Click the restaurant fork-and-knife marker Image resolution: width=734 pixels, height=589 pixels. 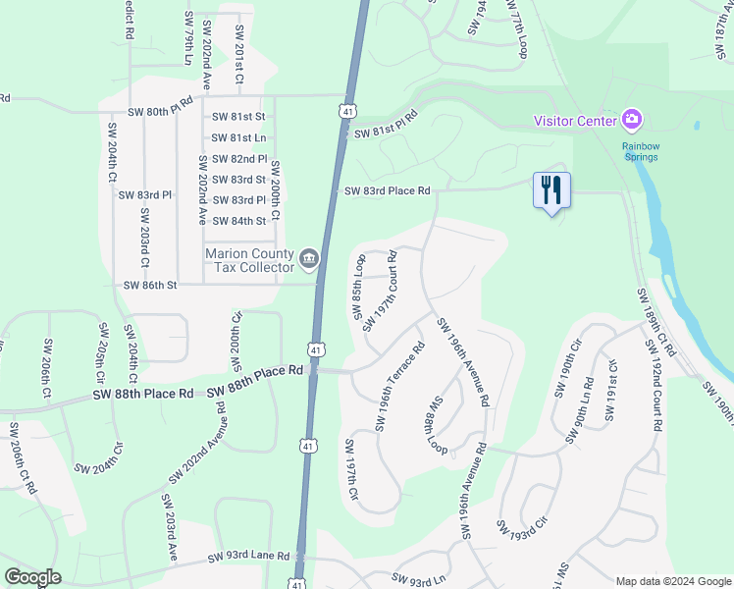coord(550,188)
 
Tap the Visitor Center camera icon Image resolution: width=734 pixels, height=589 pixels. coord(633,121)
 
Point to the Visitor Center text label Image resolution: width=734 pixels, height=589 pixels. coord(575,121)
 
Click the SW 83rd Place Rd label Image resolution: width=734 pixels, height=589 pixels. coord(387,190)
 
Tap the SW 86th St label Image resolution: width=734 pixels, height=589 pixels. coord(149,285)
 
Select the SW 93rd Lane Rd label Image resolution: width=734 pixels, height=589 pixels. coord(248,557)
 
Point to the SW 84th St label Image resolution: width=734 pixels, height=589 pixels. coord(239,221)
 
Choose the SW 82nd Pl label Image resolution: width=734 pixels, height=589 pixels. coord(239,159)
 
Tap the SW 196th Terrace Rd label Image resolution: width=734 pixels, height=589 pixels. coord(399,386)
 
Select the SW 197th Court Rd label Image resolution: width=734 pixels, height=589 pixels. coord(379,291)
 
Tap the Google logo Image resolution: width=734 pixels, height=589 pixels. coord(32,577)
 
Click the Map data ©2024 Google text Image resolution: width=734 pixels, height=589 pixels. coord(672,581)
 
